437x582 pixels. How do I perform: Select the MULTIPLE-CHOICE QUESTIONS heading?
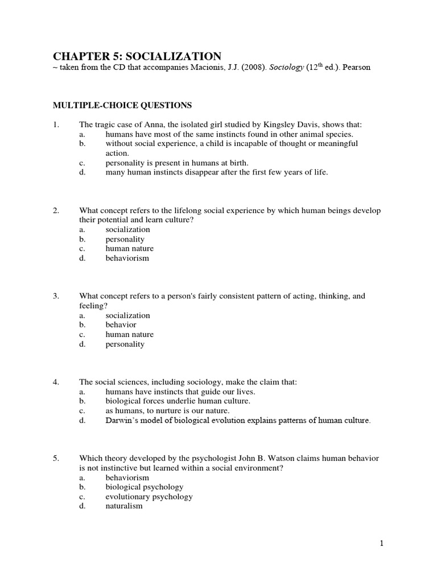pyautogui.click(x=122, y=105)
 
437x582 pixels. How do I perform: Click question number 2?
pyautogui.click(x=56, y=211)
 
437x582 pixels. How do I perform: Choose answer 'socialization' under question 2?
pyautogui.click(x=128, y=230)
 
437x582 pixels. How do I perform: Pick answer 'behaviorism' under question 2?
pyautogui.click(x=127, y=258)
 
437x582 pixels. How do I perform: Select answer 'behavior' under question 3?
pyautogui.click(x=121, y=325)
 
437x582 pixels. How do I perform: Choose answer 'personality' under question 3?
pyautogui.click(x=125, y=344)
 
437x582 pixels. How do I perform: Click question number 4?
pyautogui.click(x=56, y=382)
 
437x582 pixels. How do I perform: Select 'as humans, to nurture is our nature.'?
pyautogui.click(x=167, y=410)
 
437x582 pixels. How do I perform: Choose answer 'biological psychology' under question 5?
pyautogui.click(x=145, y=487)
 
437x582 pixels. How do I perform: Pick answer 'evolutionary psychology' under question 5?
pyautogui.click(x=149, y=496)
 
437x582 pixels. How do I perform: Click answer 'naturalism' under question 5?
pyautogui.click(x=124, y=506)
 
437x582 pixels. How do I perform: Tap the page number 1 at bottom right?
pyautogui.click(x=382, y=543)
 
